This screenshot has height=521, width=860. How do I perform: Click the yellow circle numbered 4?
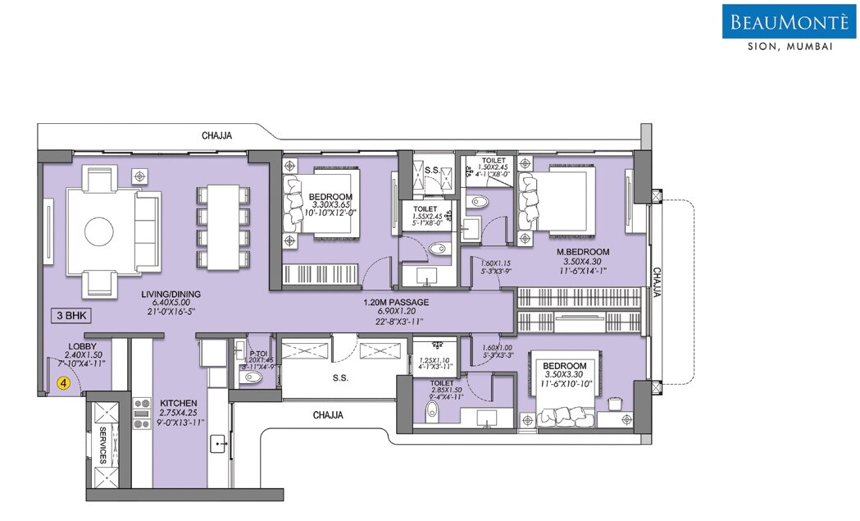(x=62, y=382)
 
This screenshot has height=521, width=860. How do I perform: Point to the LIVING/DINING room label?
(x=171, y=294)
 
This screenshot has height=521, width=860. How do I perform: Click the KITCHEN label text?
(x=178, y=402)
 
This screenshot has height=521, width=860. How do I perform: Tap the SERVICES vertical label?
(x=103, y=446)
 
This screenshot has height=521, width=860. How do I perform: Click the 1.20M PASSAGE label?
(x=396, y=302)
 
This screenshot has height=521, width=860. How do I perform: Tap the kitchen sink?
(x=219, y=444)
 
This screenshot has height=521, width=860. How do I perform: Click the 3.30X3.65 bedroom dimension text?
(x=330, y=206)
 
